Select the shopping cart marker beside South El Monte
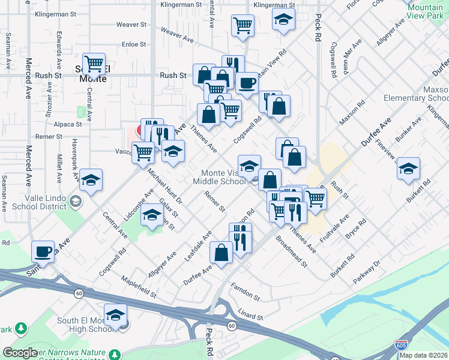click(x=94, y=63)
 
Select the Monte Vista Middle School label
click(x=219, y=176)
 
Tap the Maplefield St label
click(x=138, y=287)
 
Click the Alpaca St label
click(x=68, y=124)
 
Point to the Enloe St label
click(x=134, y=44)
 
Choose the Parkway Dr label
click(x=367, y=271)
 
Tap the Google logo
click(x=20, y=352)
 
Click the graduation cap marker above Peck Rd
click(x=283, y=19)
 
